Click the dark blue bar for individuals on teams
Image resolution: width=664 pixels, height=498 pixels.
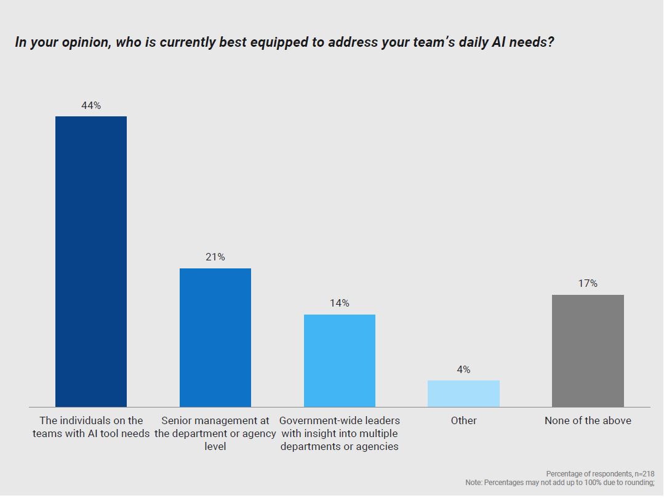pyautogui.click(x=91, y=262)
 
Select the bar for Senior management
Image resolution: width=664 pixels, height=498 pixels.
pyautogui.click(x=215, y=337)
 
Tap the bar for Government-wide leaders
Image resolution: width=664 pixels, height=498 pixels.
pyautogui.click(x=340, y=361)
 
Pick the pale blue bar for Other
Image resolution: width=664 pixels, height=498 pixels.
pyautogui.click(x=463, y=393)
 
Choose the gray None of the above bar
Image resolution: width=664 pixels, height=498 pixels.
pyautogui.click(x=588, y=351)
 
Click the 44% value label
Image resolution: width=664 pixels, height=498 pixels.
pyautogui.click(x=91, y=106)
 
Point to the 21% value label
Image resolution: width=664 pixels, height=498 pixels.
pyautogui.click(x=215, y=257)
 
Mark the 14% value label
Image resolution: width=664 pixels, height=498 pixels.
pyautogui.click(x=340, y=303)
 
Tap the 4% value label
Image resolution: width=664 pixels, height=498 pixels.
pyautogui.click(x=463, y=370)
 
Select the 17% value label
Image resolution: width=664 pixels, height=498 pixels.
pyautogui.click(x=588, y=284)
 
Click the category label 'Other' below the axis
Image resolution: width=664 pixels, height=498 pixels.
pyautogui.click(x=463, y=421)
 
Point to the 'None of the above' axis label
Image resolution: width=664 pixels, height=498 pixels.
pyautogui.click(x=588, y=421)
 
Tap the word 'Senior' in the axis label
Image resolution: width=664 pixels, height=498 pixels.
pyautogui.click(x=177, y=421)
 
